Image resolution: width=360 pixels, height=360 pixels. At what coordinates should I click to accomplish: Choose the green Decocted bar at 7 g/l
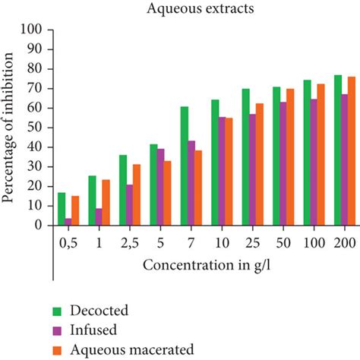185,166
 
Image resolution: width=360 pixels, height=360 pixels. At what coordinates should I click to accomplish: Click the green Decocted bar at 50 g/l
276,156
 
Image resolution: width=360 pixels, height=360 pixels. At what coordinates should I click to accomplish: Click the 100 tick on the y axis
35,30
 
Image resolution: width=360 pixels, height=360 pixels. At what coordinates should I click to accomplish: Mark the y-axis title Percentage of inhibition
11,128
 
